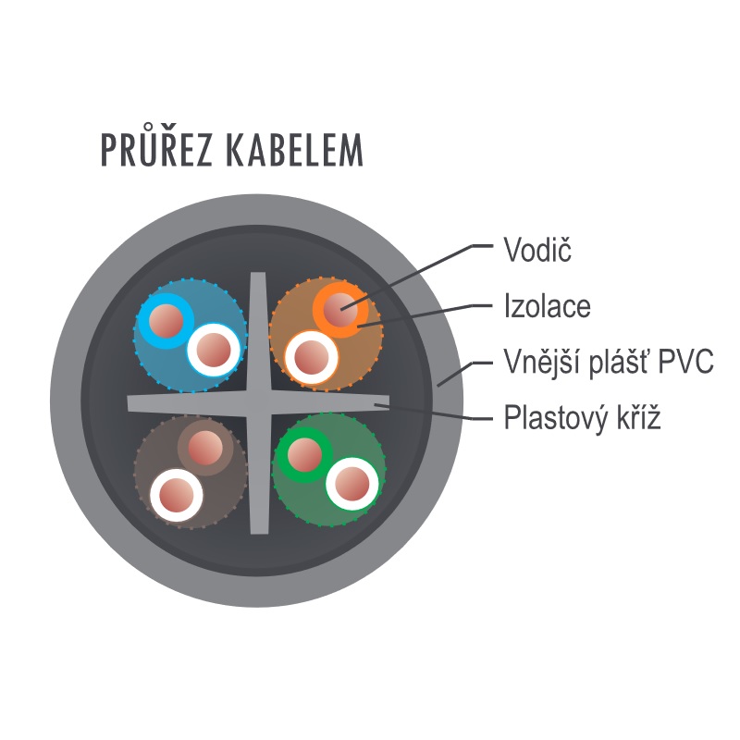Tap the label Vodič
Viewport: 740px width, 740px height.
(537, 249)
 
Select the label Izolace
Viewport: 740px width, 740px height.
(548, 306)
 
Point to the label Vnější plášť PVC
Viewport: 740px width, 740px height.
(609, 362)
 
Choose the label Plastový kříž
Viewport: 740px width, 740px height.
(582, 417)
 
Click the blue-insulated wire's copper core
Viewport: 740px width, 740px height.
(166, 321)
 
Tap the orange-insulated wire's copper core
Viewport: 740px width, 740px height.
(340, 310)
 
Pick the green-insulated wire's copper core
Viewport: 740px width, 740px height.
(305, 455)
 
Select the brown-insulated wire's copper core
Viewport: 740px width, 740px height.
(205, 448)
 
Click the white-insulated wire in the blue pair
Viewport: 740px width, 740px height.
(214, 351)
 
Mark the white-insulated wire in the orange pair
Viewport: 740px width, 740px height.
(312, 357)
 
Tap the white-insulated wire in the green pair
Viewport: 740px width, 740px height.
(352, 484)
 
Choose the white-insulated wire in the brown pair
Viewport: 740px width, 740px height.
(177, 495)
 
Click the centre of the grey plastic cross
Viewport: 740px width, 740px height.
(259, 403)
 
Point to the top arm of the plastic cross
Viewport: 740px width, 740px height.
(258, 331)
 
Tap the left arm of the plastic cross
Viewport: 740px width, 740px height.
(188, 403)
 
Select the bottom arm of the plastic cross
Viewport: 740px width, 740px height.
(259, 475)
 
